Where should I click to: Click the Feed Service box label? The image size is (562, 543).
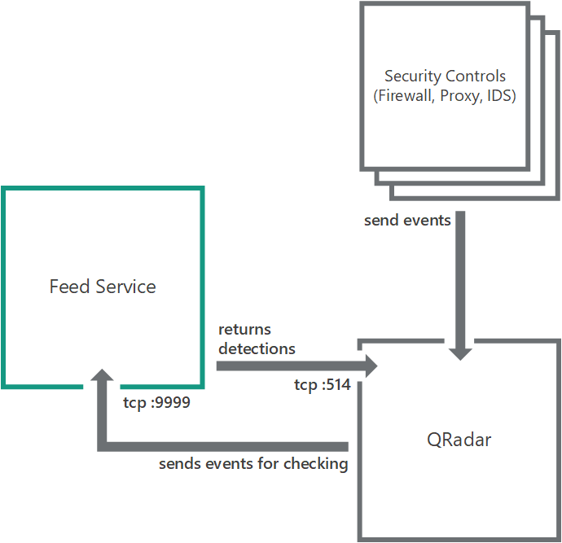coord(103,287)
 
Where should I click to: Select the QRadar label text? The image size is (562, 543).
coord(459,440)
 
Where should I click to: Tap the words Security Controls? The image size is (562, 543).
coord(445,77)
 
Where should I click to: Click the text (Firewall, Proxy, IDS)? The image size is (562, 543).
coord(445,95)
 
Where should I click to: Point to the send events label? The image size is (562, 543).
coord(407,220)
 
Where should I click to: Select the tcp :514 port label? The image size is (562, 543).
coord(322,385)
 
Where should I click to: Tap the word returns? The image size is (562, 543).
coord(244,330)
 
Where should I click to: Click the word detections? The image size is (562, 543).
coord(257,348)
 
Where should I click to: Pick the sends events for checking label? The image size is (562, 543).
coord(253,464)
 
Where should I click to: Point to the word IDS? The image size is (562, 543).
coord(502,95)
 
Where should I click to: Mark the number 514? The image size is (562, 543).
coord(337,385)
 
